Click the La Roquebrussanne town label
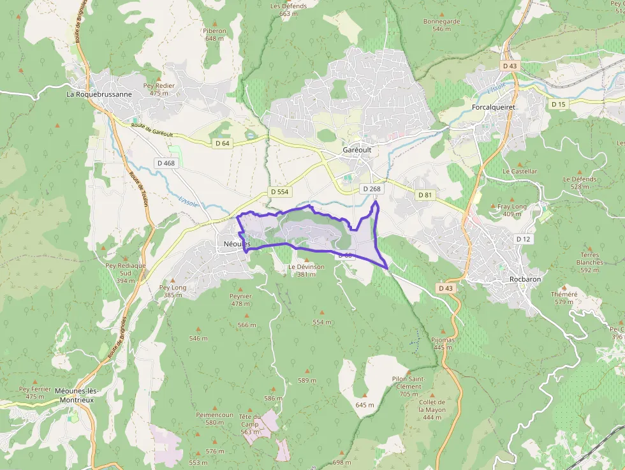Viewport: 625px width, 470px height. pyautogui.click(x=99, y=94)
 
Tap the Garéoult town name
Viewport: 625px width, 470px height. pyautogui.click(x=357, y=149)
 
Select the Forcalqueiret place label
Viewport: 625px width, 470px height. pyautogui.click(x=493, y=107)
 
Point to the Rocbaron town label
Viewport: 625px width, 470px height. pyautogui.click(x=526, y=279)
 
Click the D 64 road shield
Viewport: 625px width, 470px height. pyautogui.click(x=222, y=143)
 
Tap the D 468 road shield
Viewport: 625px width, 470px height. pyautogui.click(x=165, y=163)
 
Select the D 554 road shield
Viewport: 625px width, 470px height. pyautogui.click(x=279, y=191)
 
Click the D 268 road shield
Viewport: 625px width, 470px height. pyautogui.click(x=371, y=189)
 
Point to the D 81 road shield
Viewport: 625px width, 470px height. pyautogui.click(x=425, y=195)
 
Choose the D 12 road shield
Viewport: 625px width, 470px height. pyautogui.click(x=523, y=239)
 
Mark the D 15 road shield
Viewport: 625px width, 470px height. pyautogui.click(x=558, y=104)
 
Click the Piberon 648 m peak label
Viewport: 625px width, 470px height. pyautogui.click(x=214, y=34)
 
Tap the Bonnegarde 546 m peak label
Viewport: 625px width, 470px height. pyautogui.click(x=441, y=25)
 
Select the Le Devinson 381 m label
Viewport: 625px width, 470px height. pyautogui.click(x=306, y=270)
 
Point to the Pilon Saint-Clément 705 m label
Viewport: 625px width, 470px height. pyautogui.click(x=408, y=386)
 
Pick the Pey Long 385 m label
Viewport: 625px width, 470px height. pyautogui.click(x=173, y=291)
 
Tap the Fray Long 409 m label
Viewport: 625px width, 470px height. pyautogui.click(x=512, y=210)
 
